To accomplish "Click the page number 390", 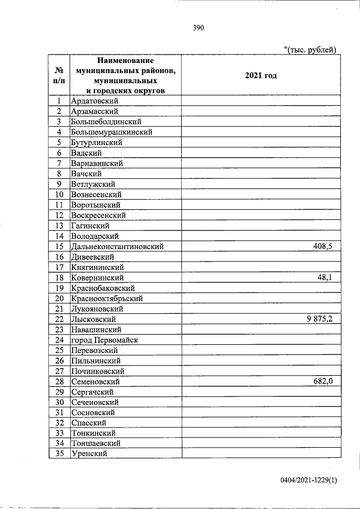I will tap(197, 28).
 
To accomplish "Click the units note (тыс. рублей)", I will tap(310, 49).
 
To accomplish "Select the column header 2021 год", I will tap(261, 75).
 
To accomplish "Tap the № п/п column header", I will tap(58, 75).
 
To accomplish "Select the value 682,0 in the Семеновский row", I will tap(323, 381).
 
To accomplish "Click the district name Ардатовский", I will tap(94, 101).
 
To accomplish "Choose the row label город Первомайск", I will tap(105, 340).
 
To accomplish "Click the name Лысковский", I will tap(93, 319).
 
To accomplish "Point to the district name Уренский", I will tap(89, 454).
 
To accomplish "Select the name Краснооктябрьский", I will tap(107, 298).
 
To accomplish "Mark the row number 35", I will tap(58, 454).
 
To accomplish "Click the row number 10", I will tap(58, 194).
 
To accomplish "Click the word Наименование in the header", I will tap(125, 60).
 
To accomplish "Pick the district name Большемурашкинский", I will tap(111, 132).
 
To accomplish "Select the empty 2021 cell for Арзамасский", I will tap(261, 111).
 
